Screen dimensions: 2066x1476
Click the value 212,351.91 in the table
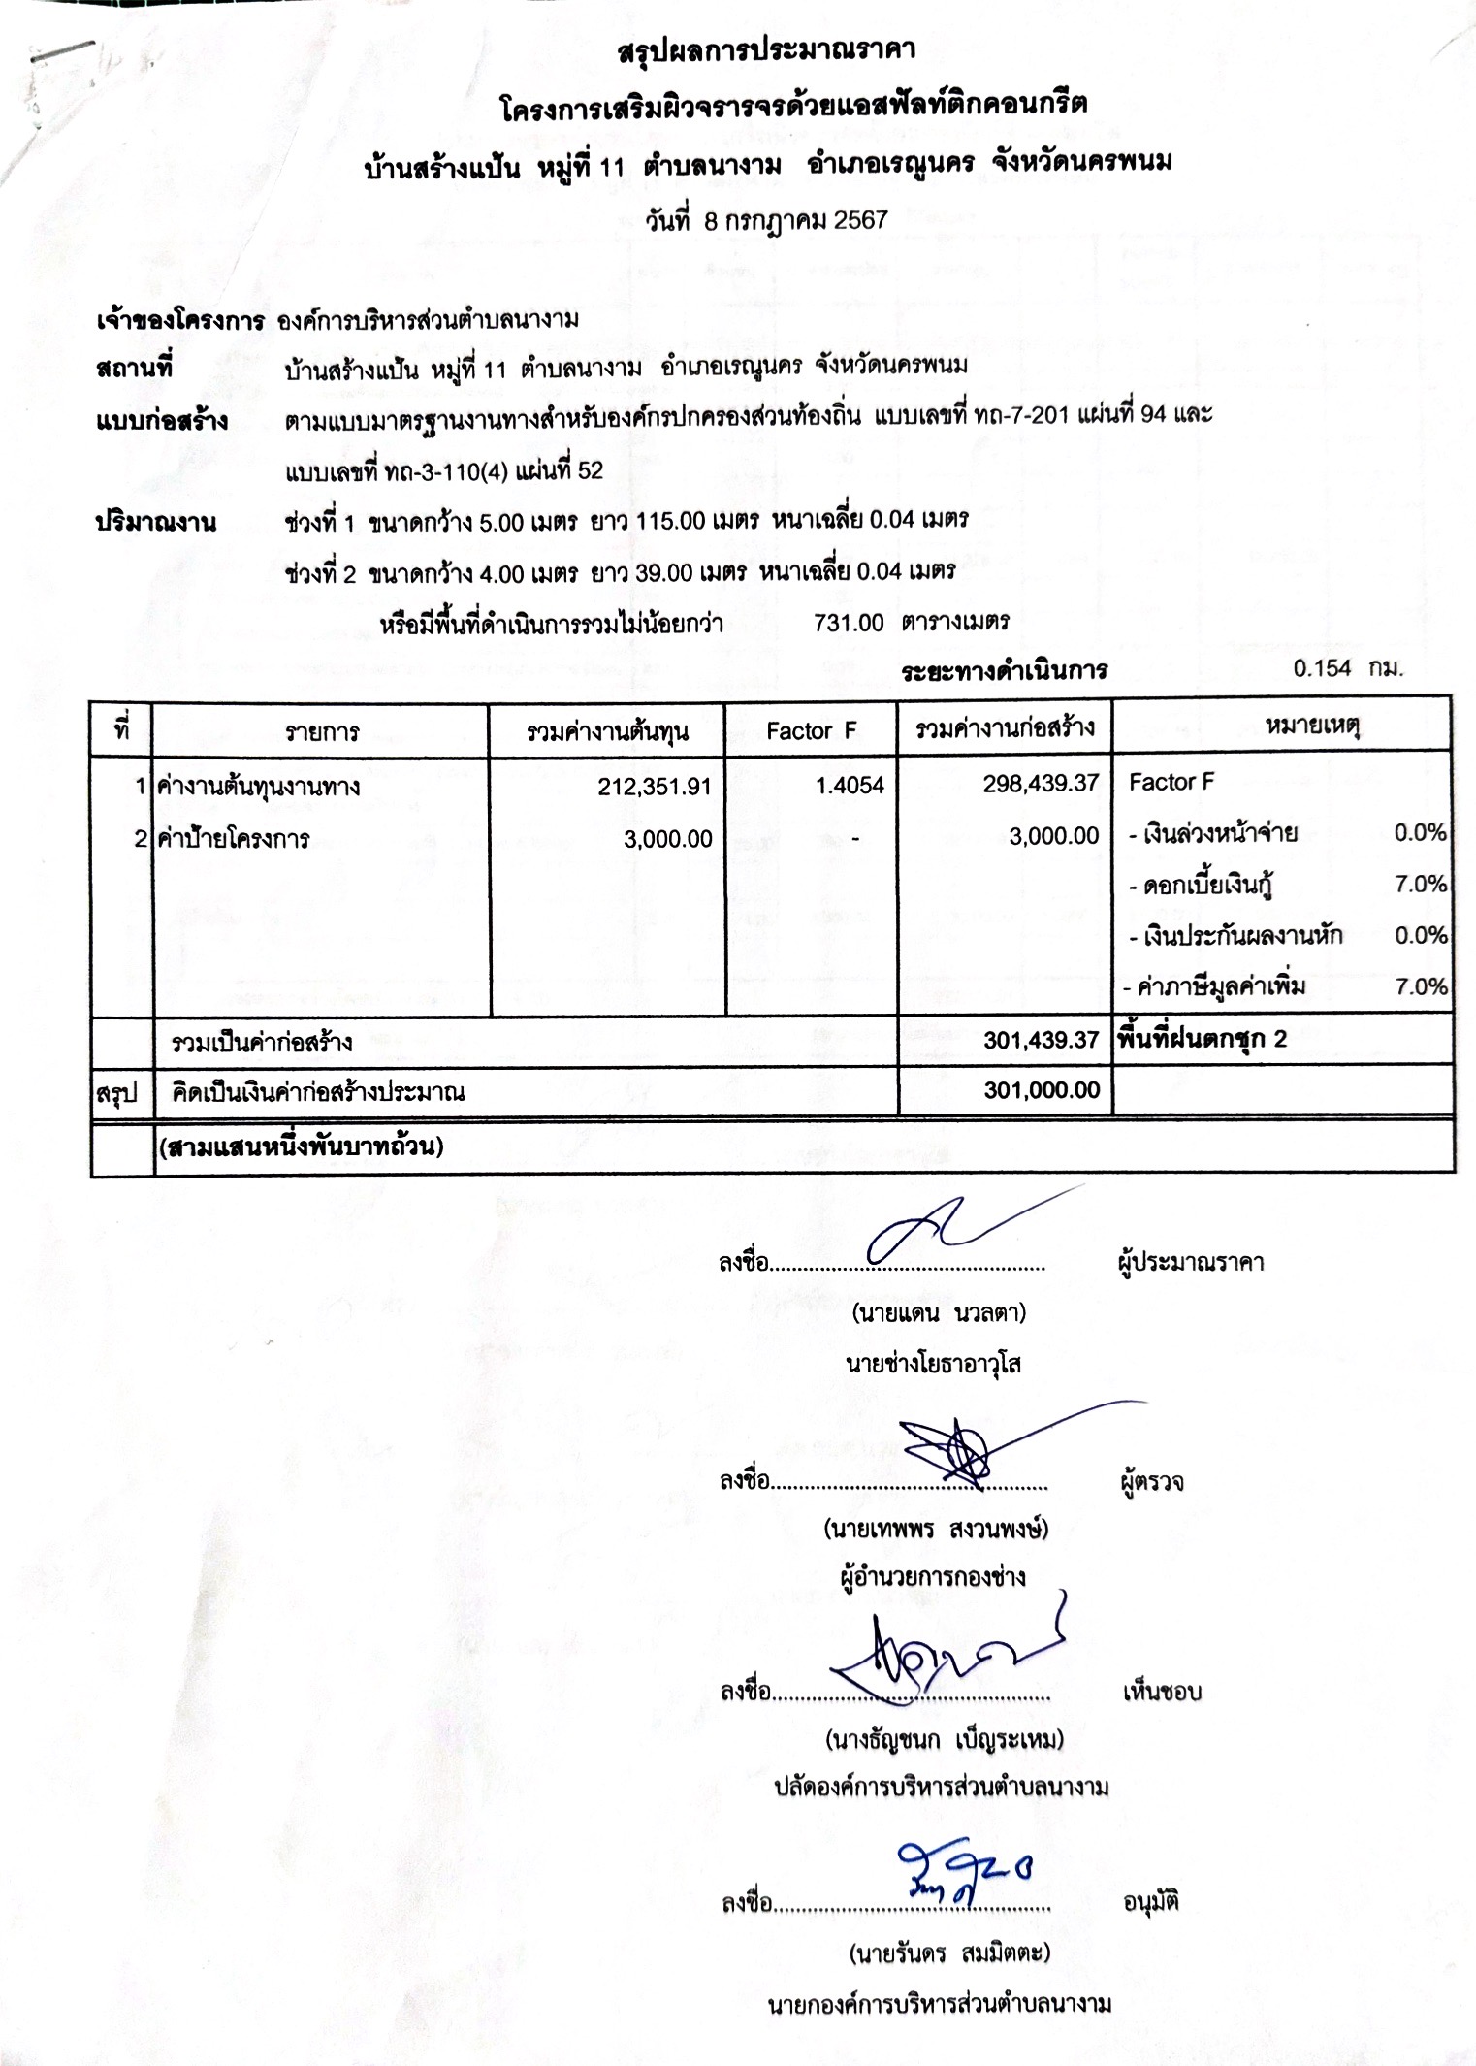655,787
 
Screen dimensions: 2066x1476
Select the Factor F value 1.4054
850,786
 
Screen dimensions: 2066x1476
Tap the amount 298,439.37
1041,784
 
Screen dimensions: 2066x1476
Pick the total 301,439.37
1041,1041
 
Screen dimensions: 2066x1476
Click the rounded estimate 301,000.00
1042,1090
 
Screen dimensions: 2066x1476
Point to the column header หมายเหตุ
1312,726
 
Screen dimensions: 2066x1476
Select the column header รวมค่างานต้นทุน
607,731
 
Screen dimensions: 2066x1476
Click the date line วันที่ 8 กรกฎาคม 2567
766,221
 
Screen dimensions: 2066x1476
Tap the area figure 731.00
849,623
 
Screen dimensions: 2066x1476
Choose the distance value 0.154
1322,668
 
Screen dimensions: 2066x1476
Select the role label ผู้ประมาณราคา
1190,1263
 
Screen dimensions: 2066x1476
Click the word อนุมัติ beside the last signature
1150,1901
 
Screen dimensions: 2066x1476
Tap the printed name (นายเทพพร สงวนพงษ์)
936,1530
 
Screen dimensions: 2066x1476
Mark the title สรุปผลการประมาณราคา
766,50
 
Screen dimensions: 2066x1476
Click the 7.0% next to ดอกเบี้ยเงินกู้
1421,885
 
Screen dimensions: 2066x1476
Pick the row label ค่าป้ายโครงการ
234,839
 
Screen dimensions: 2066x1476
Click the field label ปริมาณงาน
155,523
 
